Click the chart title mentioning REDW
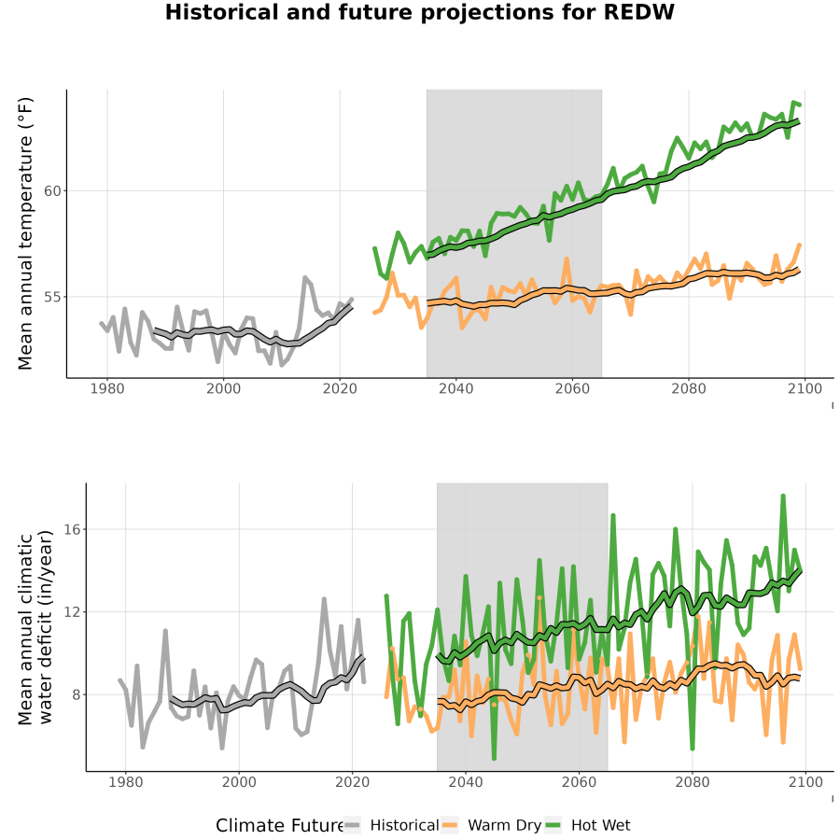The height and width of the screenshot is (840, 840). click(x=419, y=12)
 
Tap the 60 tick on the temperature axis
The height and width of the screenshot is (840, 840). click(x=52, y=190)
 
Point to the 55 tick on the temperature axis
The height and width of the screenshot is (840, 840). click(x=52, y=297)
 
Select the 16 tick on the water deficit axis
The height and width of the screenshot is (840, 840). click(x=72, y=529)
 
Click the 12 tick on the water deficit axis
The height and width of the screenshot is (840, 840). click(x=72, y=611)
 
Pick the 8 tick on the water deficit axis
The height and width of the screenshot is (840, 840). click(x=77, y=694)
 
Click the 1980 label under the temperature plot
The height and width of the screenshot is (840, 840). click(x=107, y=388)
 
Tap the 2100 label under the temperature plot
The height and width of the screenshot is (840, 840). click(x=805, y=388)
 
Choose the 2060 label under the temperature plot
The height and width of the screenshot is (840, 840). click(x=572, y=388)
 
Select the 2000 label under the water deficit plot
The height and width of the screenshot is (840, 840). click(x=239, y=782)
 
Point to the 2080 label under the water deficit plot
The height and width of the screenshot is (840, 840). click(x=693, y=782)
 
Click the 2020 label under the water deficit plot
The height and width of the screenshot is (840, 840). click(x=353, y=782)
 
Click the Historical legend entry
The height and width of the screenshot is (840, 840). click(x=391, y=825)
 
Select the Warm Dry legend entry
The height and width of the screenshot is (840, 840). click(x=491, y=825)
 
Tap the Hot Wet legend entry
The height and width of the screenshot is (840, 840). click(x=588, y=825)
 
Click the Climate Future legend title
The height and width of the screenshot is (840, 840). click(x=280, y=826)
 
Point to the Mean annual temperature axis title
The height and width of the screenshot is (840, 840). click(x=25, y=233)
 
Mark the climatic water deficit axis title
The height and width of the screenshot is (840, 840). click(x=35, y=627)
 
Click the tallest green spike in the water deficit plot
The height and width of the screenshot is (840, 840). click(x=783, y=497)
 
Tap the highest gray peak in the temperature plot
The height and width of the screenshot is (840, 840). click(x=305, y=277)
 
